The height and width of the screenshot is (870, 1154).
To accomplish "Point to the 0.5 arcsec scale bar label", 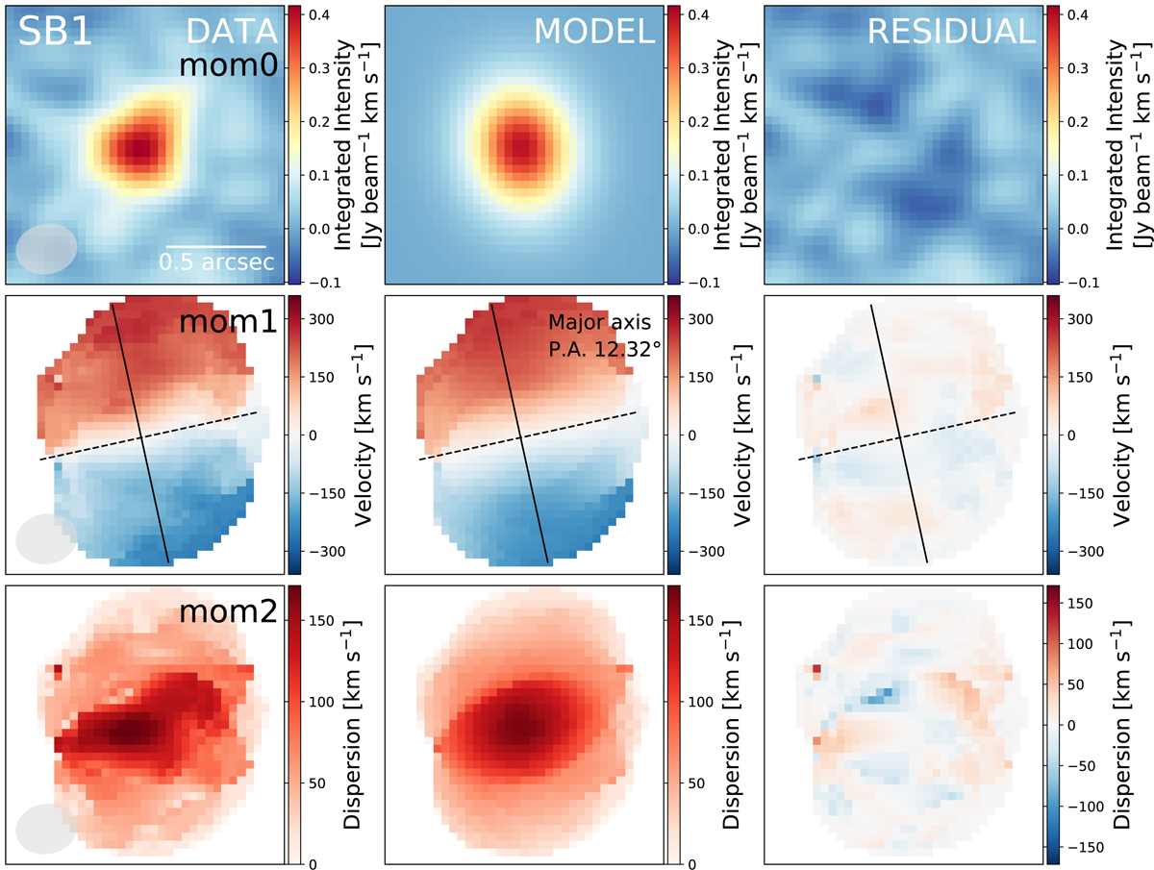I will coord(216,261).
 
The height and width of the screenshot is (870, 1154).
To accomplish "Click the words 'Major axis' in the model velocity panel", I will coord(590,324).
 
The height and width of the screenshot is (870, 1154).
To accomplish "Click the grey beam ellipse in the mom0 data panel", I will coord(45,248).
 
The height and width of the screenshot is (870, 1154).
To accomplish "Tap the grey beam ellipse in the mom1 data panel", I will coord(45,538).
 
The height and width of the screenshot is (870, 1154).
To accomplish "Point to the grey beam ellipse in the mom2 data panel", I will coord(45,828).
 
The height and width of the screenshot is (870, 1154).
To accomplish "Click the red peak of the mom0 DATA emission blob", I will coord(138,147).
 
